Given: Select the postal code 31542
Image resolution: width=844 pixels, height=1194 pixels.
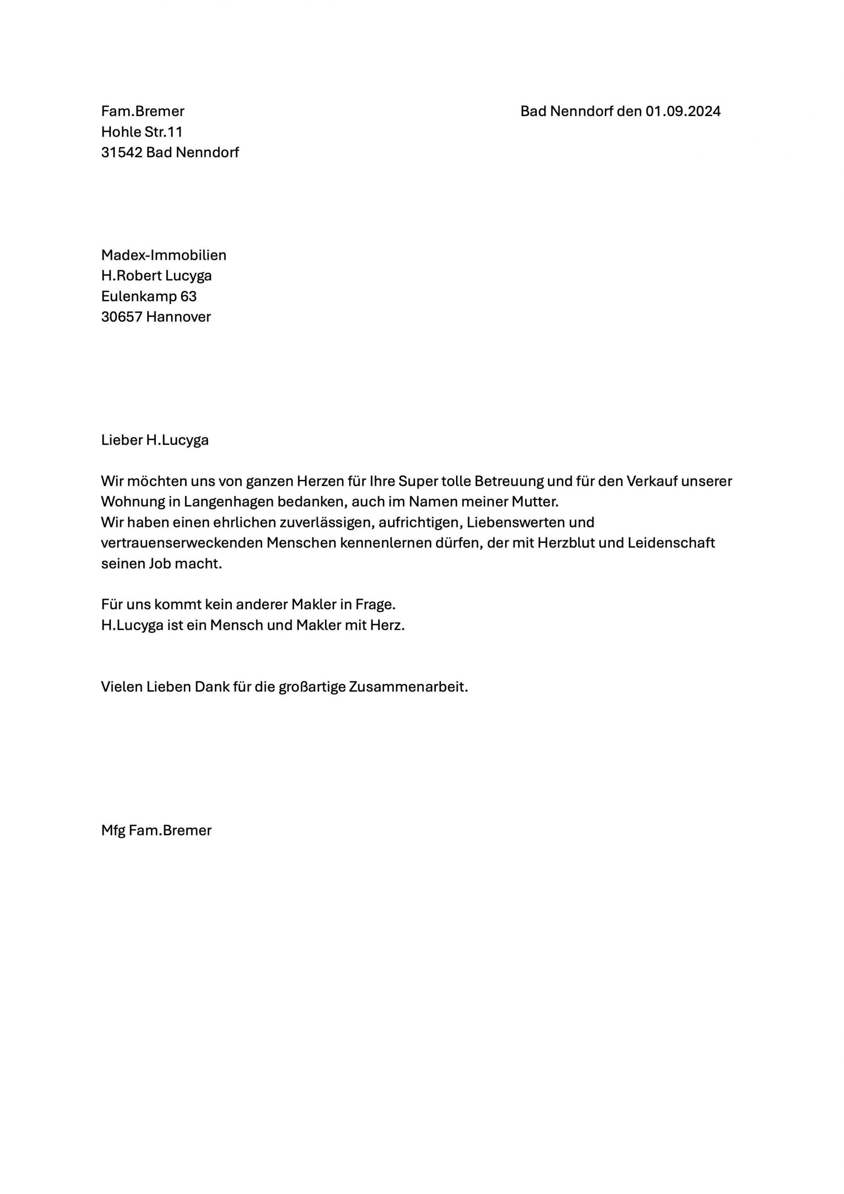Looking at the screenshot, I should point(122,153).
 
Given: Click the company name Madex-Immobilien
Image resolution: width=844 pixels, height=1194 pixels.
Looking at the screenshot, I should point(163,255).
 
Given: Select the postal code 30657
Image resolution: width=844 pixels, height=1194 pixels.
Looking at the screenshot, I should point(122,317).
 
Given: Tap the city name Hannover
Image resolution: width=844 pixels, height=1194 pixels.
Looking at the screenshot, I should point(179,317).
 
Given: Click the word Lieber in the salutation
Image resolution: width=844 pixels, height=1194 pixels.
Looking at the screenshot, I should point(121,440).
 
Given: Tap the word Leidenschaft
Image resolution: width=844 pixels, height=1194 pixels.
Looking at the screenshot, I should point(671,543).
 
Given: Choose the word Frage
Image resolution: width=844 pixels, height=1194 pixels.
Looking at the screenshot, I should point(375,604).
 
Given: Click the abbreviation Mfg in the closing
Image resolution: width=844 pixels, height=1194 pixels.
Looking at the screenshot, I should point(113,831).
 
